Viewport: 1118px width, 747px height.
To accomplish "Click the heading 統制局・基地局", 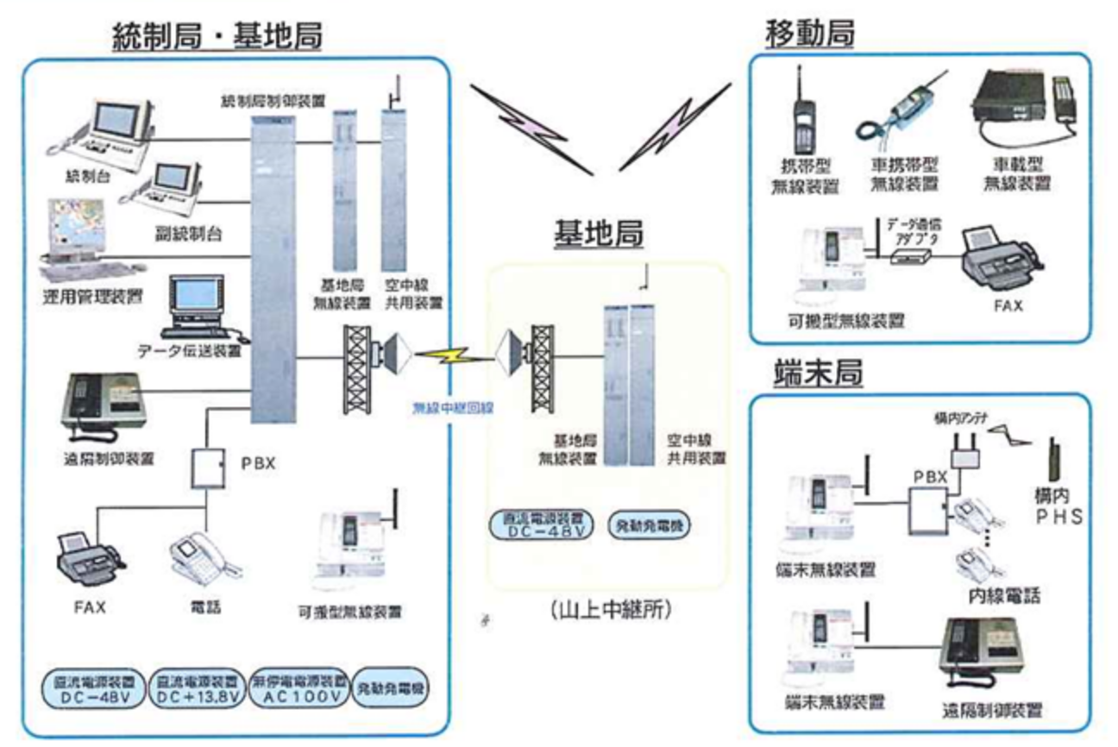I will tap(218, 37).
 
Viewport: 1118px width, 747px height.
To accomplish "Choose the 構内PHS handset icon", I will tap(1054, 460).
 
